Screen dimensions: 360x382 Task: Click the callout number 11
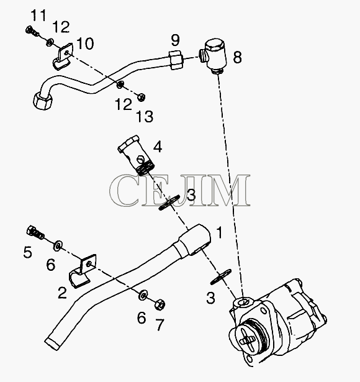(38, 16)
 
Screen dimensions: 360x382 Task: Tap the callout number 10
(85, 44)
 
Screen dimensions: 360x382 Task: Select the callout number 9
(175, 40)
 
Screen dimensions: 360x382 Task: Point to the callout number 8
(237, 58)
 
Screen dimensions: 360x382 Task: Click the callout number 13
(145, 116)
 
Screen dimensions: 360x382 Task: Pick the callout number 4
(158, 147)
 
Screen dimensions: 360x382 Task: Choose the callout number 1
(219, 232)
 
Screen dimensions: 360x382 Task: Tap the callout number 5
(28, 252)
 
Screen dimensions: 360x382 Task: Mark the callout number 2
(62, 293)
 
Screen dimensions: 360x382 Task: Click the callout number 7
(160, 324)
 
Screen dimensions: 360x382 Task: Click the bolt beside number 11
(32, 31)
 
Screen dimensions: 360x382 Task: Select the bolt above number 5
(35, 232)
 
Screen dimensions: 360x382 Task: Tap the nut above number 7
(160, 304)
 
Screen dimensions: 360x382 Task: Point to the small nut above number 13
(141, 97)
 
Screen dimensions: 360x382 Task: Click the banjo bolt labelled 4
(136, 155)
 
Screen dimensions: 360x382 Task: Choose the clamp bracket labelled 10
(63, 57)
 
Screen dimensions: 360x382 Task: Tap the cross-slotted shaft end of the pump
(247, 339)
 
